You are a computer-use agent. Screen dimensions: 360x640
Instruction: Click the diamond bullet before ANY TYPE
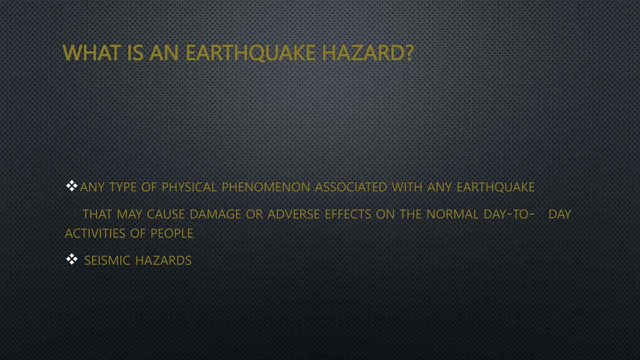pyautogui.click(x=72, y=186)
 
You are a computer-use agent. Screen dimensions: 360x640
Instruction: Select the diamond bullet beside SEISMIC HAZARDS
pyautogui.click(x=72, y=259)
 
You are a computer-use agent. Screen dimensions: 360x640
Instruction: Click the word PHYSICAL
pyautogui.click(x=189, y=187)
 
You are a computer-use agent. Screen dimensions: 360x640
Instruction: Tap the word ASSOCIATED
pyautogui.click(x=351, y=187)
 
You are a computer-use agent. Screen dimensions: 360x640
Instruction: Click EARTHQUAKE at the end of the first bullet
pyautogui.click(x=495, y=187)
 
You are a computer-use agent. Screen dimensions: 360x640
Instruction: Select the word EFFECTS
pyautogui.click(x=348, y=214)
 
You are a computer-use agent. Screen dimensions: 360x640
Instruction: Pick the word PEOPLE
pyautogui.click(x=172, y=233)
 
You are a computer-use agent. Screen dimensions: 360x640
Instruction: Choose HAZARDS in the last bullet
pyautogui.click(x=163, y=260)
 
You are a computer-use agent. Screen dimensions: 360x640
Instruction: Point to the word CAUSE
pyautogui.click(x=166, y=214)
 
